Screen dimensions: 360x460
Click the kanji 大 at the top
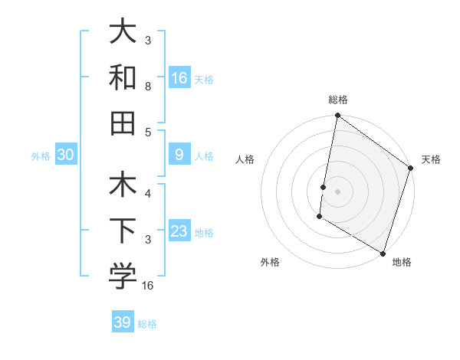[x=123, y=31]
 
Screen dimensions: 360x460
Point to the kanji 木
[x=123, y=186]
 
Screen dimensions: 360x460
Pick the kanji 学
[x=123, y=277]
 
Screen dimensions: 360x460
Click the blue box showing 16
[x=179, y=77]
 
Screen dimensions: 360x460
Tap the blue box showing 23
[x=179, y=232]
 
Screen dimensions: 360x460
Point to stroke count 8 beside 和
[x=148, y=86]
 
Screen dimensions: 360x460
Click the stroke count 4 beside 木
[x=148, y=194]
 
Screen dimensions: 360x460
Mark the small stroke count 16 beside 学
[x=148, y=285]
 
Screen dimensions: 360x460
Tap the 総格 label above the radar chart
[x=338, y=100]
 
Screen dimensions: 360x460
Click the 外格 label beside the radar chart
[x=270, y=262]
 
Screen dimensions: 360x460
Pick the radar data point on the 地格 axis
[x=382, y=252]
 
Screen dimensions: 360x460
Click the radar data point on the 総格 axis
[x=337, y=116]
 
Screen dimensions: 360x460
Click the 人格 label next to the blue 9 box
[x=204, y=156]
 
